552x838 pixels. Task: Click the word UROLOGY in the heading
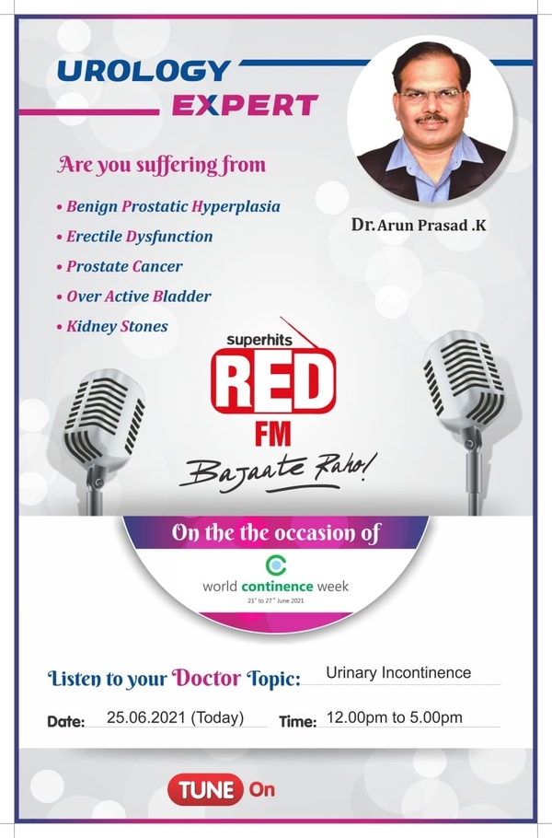pos(144,71)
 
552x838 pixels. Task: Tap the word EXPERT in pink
pos(245,105)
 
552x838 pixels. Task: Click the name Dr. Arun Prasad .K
pos(419,225)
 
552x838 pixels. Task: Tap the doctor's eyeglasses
pos(431,95)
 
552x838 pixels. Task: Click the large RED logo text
pos(273,381)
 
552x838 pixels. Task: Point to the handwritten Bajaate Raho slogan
pos(278,470)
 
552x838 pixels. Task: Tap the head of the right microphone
pos(465,381)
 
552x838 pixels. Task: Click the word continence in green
pos(277,587)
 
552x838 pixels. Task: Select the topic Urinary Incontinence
pos(398,672)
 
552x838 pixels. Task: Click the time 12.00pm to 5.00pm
pos(395,717)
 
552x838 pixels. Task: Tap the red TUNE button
pos(205,789)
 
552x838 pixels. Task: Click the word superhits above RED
pos(259,340)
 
